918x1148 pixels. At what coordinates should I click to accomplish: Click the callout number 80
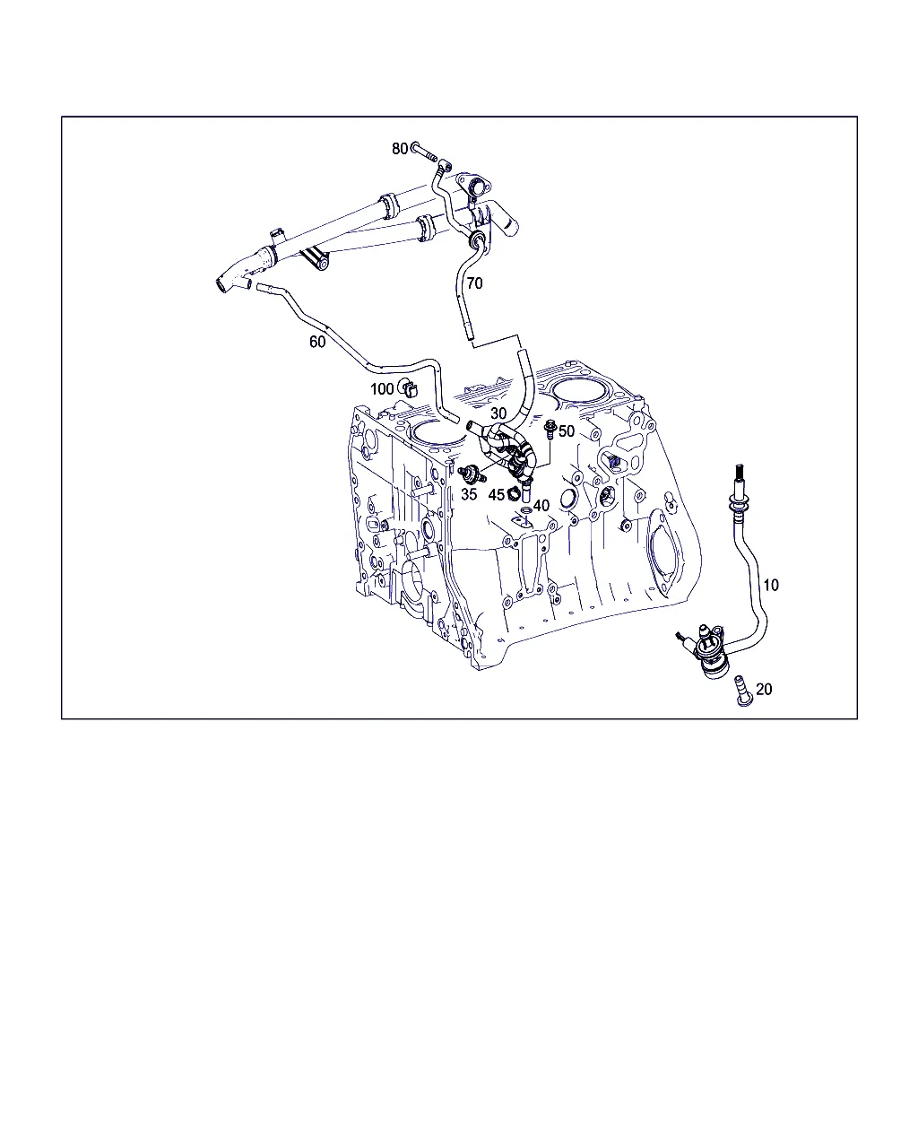point(400,149)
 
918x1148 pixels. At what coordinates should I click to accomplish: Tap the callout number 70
point(474,283)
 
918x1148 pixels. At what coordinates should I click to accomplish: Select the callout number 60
point(317,342)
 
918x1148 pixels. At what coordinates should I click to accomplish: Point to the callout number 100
point(382,389)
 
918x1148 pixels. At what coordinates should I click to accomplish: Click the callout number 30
point(498,413)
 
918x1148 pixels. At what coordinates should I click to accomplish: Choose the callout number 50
point(567,430)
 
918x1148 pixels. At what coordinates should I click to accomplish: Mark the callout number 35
point(469,494)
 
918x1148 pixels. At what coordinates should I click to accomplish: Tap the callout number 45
point(496,495)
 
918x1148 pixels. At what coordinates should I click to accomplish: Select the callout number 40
point(541,505)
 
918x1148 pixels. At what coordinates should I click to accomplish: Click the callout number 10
point(771,585)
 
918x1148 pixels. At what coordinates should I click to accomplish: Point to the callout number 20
point(764,689)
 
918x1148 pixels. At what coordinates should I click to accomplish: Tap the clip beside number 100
point(409,388)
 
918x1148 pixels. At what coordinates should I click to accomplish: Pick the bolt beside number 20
point(744,691)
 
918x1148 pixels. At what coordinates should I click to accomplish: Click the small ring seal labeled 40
point(525,511)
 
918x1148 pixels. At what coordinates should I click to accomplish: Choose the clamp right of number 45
point(514,494)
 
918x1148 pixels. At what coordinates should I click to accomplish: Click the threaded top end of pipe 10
point(740,473)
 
